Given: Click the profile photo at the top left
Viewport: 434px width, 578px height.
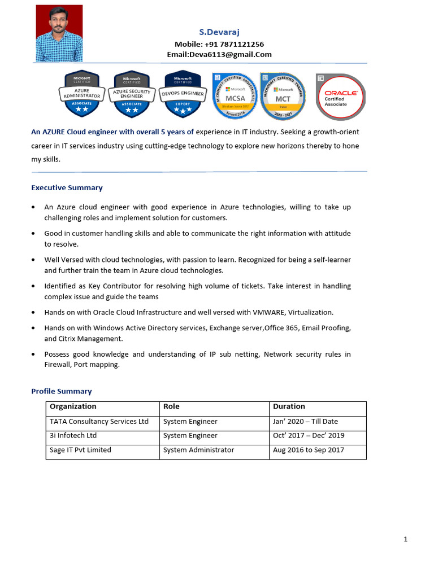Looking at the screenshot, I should [x=59, y=33].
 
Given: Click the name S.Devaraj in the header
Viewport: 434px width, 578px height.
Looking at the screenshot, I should [x=219, y=33].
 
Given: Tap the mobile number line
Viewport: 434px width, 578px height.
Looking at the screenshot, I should [x=219, y=44].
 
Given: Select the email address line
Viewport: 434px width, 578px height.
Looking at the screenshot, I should [x=219, y=55].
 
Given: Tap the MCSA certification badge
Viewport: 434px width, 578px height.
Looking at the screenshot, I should [x=235, y=94].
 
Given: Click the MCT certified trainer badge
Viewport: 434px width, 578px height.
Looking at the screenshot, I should [x=283, y=94].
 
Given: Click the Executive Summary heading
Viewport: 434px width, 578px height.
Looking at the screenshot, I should [x=67, y=188].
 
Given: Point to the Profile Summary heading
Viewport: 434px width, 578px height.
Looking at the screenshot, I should [x=61, y=391].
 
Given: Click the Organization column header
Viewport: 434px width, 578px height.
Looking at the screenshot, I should [x=73, y=406].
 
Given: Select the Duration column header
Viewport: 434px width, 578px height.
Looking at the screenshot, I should [x=289, y=406].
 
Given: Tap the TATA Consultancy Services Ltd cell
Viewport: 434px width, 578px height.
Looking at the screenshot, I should [x=99, y=421].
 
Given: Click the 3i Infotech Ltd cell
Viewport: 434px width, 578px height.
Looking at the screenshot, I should [x=73, y=436].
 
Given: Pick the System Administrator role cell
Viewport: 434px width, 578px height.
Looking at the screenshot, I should [x=198, y=450].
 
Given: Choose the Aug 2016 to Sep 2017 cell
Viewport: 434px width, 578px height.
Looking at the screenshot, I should [x=309, y=450].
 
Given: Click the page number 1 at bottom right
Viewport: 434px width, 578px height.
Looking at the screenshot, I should [x=406, y=539].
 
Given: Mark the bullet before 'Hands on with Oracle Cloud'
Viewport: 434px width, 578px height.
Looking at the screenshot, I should [x=34, y=313].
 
